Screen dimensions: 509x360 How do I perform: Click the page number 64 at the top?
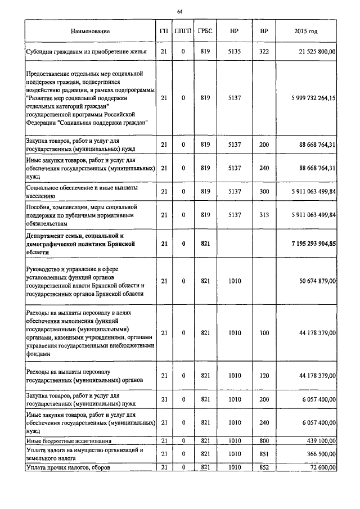click(179, 11)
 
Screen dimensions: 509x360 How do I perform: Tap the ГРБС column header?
click(205, 31)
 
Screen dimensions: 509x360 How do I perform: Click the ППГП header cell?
click(183, 31)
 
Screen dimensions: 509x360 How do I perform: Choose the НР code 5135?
click(234, 52)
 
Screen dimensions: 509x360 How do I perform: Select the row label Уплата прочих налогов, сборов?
click(69, 467)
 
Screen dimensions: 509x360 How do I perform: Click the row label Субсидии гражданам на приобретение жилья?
click(87, 52)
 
